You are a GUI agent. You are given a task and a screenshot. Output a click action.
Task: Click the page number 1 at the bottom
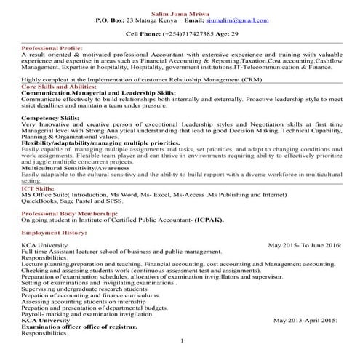[181, 340]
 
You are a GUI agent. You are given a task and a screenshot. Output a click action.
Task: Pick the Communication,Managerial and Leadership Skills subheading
[97, 94]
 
